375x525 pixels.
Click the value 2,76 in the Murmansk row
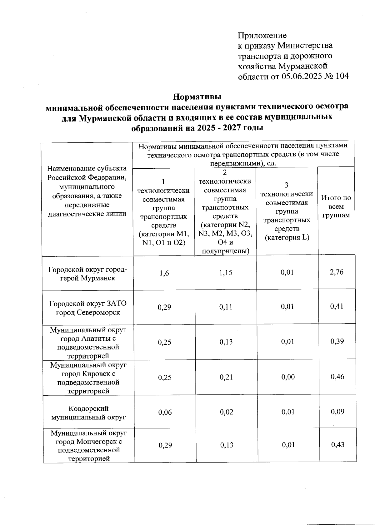click(x=336, y=272)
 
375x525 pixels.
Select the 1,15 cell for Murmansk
click(x=226, y=273)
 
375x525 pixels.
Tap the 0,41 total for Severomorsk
click(x=337, y=306)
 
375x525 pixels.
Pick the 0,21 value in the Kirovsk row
click(x=226, y=377)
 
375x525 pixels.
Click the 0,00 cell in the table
click(x=288, y=377)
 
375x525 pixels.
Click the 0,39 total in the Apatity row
click(x=337, y=341)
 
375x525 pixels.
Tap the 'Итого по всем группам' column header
click(x=336, y=206)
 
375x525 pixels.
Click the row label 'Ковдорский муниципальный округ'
click(x=88, y=413)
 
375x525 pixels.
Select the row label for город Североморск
click(x=88, y=308)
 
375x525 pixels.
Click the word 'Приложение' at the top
click(x=262, y=35)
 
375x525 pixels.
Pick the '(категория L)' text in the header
click(x=287, y=238)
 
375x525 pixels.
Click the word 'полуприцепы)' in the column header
click(x=226, y=251)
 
